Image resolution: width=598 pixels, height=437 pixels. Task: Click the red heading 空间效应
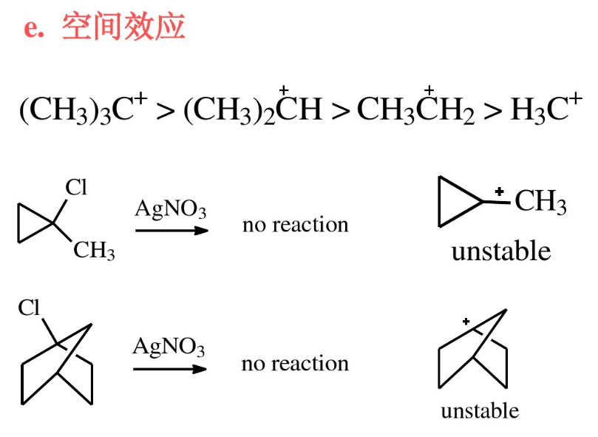click(x=123, y=27)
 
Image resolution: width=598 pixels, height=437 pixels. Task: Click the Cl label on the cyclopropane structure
click(x=76, y=188)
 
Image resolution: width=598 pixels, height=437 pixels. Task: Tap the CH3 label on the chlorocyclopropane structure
click(x=94, y=251)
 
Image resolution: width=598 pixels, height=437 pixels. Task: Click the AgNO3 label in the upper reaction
click(x=171, y=209)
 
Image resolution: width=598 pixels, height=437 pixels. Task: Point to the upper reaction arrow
click(x=171, y=231)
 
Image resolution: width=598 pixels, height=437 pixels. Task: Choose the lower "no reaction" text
click(x=295, y=363)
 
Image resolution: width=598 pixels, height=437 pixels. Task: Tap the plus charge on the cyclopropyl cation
click(x=500, y=192)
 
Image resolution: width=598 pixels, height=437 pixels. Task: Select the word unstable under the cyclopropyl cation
click(x=500, y=251)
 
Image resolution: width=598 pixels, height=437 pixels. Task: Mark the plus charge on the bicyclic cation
click(x=466, y=322)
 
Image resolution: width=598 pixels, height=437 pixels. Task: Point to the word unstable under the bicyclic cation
click(x=480, y=411)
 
